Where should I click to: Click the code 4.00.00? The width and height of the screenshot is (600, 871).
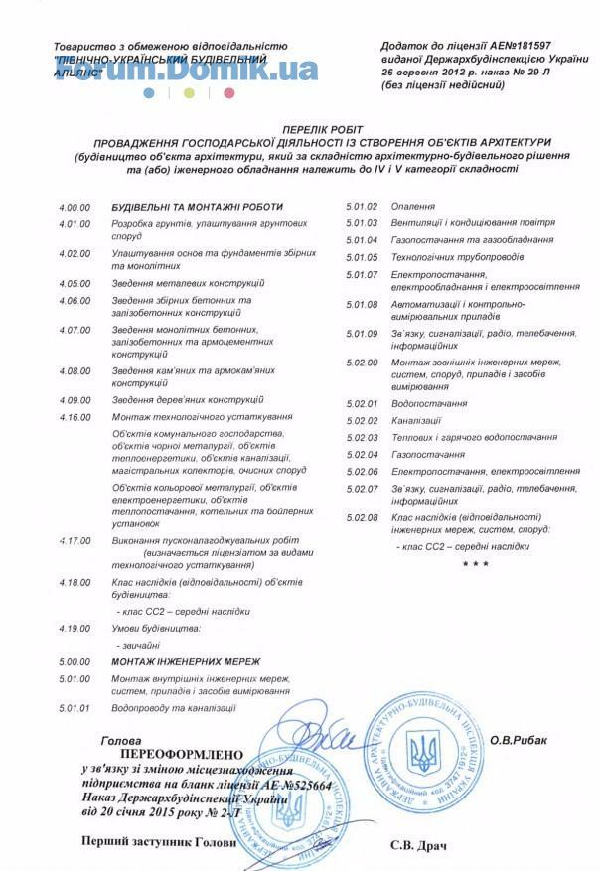tap(75, 207)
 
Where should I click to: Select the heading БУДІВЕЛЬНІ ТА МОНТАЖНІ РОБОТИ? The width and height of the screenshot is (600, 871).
tap(197, 207)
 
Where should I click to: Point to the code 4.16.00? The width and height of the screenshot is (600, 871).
tap(75, 416)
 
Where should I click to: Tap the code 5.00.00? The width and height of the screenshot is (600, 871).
tap(75, 660)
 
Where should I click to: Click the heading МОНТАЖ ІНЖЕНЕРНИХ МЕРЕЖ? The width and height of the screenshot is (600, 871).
tap(186, 660)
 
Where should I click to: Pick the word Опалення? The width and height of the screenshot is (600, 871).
tap(413, 207)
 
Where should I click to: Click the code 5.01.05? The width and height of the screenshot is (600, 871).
tap(362, 257)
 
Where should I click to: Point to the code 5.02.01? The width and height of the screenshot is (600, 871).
tap(362, 404)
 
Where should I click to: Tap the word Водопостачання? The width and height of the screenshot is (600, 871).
tap(429, 404)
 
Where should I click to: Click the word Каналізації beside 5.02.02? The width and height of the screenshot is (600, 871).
tap(416, 421)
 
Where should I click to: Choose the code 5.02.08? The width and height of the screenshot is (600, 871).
tap(362, 517)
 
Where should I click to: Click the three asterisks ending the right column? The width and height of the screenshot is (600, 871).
tap(475, 564)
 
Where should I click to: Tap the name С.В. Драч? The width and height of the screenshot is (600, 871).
tap(418, 846)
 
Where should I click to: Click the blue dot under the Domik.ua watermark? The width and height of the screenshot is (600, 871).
tap(149, 92)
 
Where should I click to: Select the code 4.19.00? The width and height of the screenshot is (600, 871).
tap(75, 629)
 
